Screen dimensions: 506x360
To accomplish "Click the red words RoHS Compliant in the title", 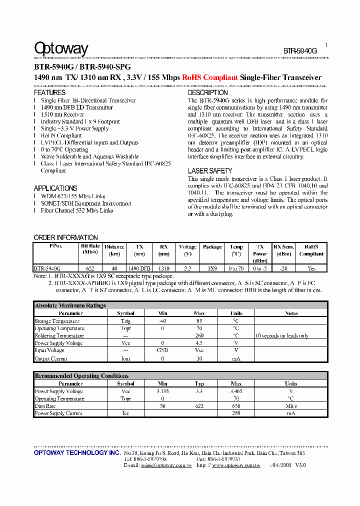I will [209, 77].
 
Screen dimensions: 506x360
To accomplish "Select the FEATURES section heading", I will [49, 92].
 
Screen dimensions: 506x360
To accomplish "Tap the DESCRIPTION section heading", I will [207, 92].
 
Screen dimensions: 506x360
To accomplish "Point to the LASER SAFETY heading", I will [209, 171].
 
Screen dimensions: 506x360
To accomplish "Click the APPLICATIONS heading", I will [55, 188].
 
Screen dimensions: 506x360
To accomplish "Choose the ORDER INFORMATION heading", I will [65, 237].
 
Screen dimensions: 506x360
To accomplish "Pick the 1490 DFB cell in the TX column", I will [139, 268].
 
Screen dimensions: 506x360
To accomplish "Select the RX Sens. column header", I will [283, 246].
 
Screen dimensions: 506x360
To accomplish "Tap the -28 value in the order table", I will [283, 268].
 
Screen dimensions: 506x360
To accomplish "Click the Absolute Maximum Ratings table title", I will [70, 305].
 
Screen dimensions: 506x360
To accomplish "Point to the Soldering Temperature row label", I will [58, 335].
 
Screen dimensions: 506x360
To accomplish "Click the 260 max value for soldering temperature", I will [199, 335].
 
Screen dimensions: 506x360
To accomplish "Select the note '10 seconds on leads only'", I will [281, 335].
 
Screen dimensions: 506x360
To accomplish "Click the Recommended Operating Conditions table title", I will [81, 376].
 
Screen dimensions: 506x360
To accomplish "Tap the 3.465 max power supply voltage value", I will [236, 391].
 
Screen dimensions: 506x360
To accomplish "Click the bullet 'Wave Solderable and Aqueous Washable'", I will [89, 156].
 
